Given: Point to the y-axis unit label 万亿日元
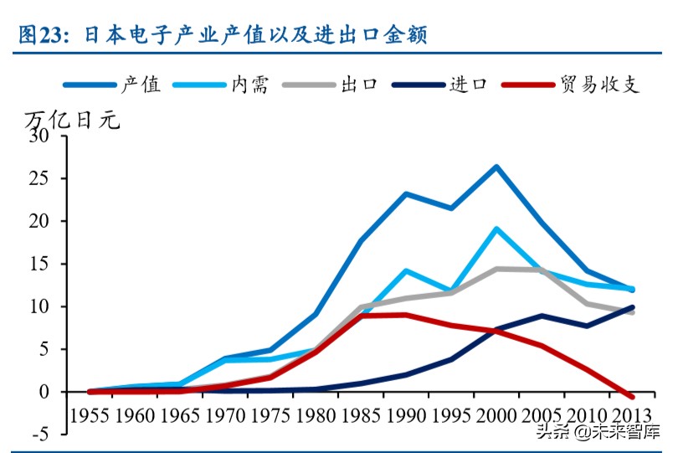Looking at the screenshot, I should [72, 120].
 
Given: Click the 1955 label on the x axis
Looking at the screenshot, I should [90, 414].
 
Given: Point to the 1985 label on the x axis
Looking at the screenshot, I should [361, 414].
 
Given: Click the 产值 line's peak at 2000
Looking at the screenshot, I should [496, 167].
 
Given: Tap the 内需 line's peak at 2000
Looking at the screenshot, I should [496, 229].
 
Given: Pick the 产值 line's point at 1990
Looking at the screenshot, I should [405, 194].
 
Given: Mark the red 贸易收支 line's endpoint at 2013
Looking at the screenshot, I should [632, 396].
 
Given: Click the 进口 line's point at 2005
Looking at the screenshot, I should [542, 316].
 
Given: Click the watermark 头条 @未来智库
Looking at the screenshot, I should [598, 432].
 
